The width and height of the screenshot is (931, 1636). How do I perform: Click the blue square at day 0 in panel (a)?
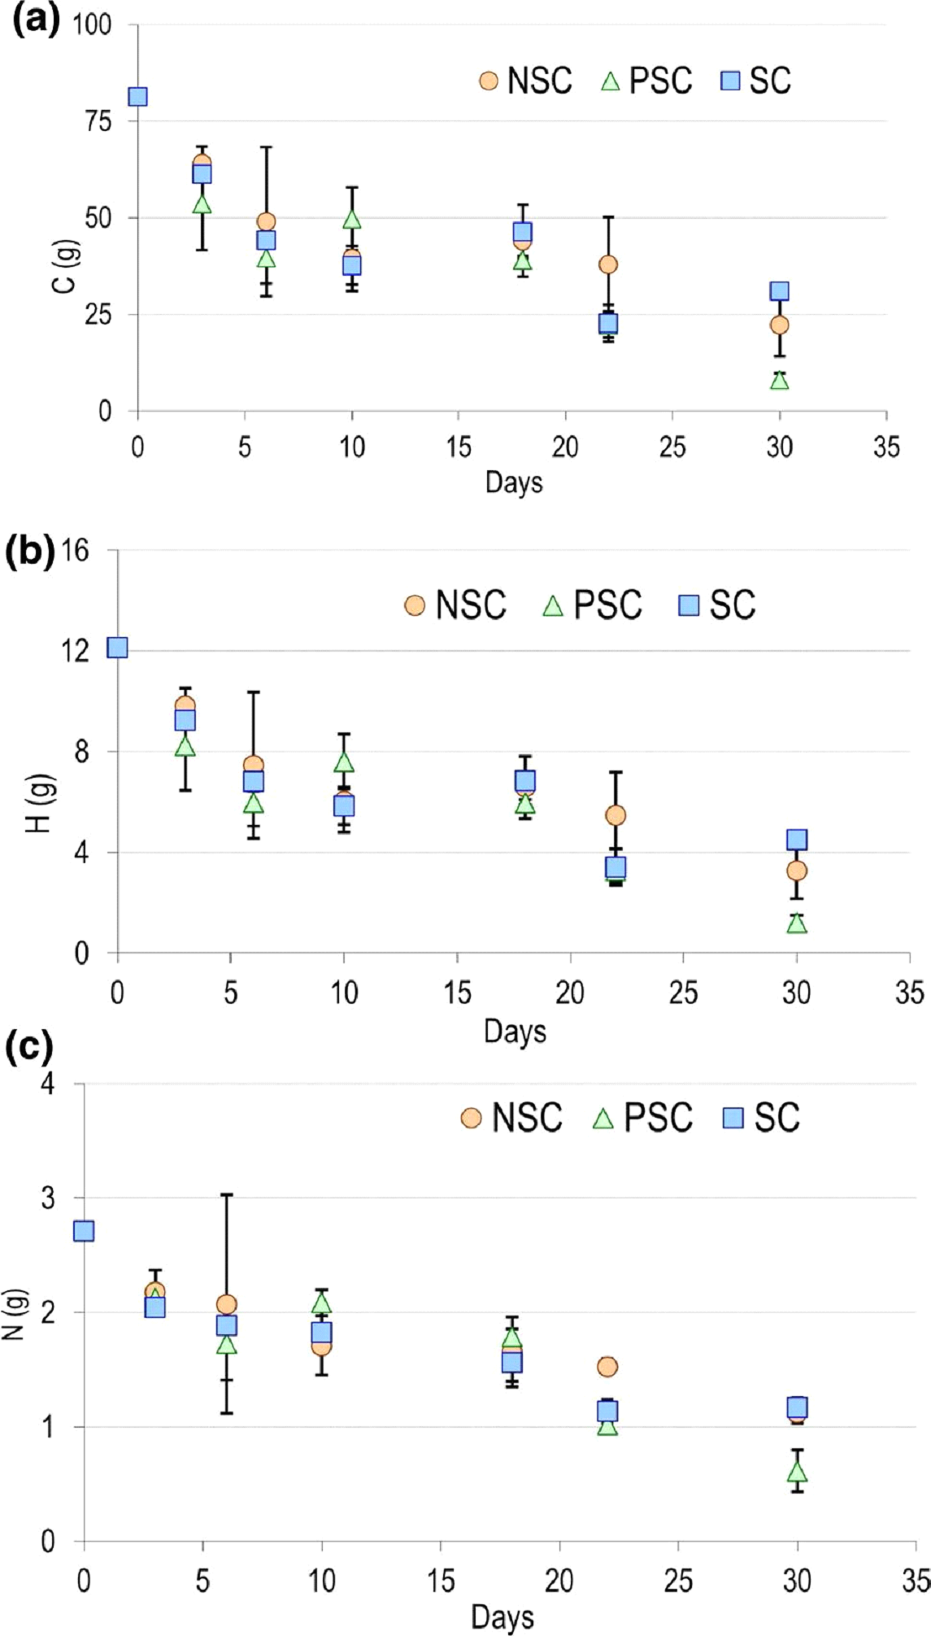tap(137, 97)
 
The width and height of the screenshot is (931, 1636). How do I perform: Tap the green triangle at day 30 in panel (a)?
tap(780, 380)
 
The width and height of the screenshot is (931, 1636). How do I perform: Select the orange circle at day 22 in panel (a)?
tap(608, 264)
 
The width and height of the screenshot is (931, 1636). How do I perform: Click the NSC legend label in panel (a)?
tap(539, 81)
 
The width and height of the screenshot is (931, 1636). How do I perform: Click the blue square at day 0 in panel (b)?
tap(118, 648)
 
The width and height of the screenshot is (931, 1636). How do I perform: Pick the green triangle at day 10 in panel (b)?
tap(345, 762)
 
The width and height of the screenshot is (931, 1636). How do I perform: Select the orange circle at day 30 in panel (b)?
tap(797, 870)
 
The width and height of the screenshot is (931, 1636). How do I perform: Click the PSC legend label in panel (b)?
tap(607, 605)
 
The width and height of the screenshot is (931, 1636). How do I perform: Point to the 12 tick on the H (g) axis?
tap(80, 651)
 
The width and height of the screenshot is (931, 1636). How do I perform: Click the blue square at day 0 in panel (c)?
tap(84, 1231)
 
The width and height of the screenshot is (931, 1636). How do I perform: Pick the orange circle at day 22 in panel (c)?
tap(607, 1367)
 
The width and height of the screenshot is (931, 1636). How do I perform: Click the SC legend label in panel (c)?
tap(777, 1118)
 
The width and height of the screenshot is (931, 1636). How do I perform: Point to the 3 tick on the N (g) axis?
tap(48, 1198)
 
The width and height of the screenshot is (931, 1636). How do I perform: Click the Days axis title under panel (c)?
tap(502, 1617)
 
